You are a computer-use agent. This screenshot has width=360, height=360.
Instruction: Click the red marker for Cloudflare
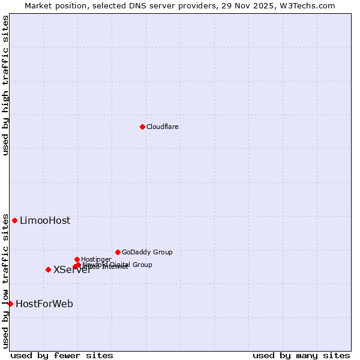click(142, 127)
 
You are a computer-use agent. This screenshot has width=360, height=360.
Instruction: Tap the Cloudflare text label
click(162, 127)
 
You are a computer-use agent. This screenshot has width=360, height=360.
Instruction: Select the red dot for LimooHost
click(14, 220)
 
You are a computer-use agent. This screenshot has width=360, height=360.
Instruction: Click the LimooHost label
click(45, 221)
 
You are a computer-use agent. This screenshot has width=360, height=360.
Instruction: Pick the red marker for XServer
click(48, 269)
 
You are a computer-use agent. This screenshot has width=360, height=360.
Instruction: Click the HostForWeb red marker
click(10, 304)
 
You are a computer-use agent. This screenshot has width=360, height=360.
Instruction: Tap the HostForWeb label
click(44, 304)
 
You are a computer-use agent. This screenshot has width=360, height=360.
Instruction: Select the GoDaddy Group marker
click(118, 252)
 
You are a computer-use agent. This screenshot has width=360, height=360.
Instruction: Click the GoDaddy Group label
click(147, 253)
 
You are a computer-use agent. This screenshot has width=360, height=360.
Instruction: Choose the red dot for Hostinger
click(77, 259)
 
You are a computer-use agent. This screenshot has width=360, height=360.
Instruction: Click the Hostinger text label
click(96, 260)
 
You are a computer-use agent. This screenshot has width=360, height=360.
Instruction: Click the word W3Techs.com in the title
click(310, 6)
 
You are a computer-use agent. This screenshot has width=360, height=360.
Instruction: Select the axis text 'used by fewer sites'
click(62, 356)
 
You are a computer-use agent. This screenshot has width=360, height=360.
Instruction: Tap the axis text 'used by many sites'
click(301, 356)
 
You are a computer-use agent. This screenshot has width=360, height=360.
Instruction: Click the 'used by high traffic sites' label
click(6, 85)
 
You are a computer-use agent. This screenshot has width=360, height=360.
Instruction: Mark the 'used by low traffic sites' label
click(6, 281)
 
